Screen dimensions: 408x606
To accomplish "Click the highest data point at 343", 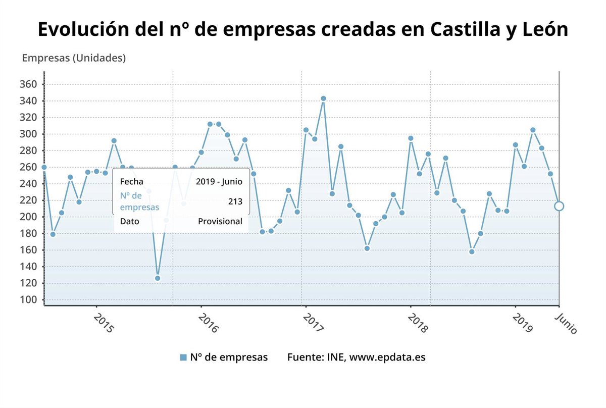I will pos(323,98).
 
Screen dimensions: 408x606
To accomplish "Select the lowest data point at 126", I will pos(158,278).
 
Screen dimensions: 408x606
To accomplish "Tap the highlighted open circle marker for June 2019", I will pos(559,206).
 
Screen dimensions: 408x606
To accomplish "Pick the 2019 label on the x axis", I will pos(523,323).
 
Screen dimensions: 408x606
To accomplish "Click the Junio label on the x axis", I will pos(566,323).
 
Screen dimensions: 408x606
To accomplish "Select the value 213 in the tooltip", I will pos(235,201).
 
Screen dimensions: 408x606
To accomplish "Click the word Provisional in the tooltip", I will pos(220,221).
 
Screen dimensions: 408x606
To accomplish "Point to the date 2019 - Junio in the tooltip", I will pos(219,181).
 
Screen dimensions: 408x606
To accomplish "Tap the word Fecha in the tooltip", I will pos(132,181).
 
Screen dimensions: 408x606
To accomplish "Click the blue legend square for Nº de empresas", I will pos(183,358).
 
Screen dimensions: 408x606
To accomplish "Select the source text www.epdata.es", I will pos(387,357).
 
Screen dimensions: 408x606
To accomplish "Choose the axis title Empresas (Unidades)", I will pos(74,58).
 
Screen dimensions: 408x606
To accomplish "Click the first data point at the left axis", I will pos(44,167).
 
